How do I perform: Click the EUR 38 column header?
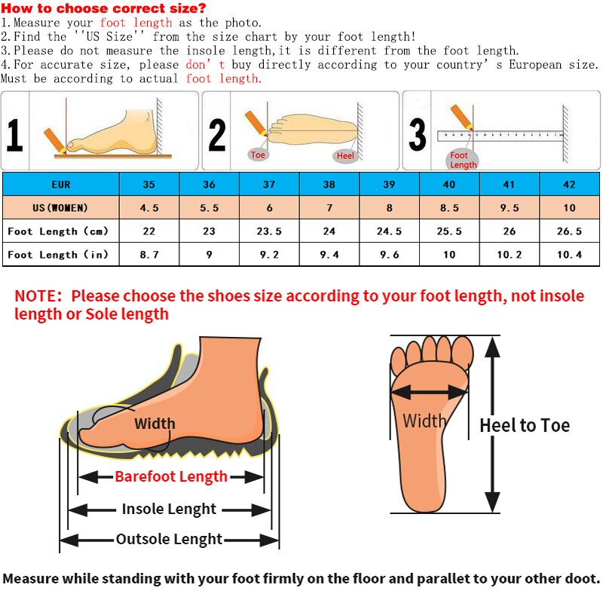coord(329,184)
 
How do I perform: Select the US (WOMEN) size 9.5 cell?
coord(510,208)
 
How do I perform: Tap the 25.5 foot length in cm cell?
coord(449,231)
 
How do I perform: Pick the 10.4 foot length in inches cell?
coord(570,254)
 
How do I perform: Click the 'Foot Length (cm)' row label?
coord(58,231)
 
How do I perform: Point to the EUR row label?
coord(61,184)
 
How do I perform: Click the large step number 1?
coord(14,135)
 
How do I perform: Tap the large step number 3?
coord(418,135)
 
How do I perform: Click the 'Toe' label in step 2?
coord(258,155)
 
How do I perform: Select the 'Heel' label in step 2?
coord(345,156)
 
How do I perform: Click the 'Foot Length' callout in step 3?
coord(463,160)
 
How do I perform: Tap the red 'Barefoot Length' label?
coord(171,476)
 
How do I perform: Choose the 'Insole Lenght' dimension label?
coord(169,509)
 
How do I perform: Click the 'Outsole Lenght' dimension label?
coord(169,539)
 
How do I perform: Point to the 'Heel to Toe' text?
coord(525,425)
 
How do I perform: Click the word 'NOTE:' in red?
coord(38,296)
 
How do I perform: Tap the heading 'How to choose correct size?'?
coord(103,8)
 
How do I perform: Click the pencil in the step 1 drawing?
coord(55,141)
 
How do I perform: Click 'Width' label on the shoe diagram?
coord(155,424)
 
